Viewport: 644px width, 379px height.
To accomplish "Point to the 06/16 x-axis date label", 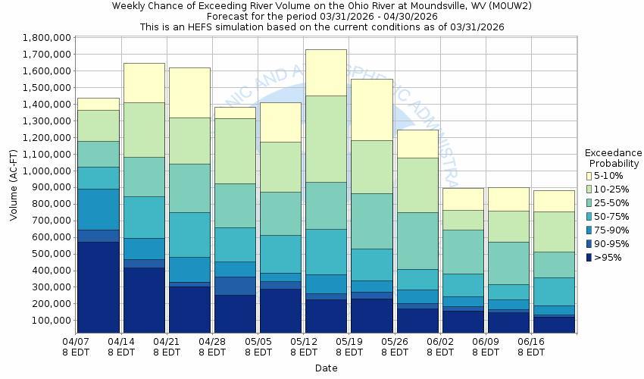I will tap(531, 343).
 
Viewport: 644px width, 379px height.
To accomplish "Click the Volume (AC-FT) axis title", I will tap(14, 186).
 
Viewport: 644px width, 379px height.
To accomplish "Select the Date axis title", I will tap(327, 368).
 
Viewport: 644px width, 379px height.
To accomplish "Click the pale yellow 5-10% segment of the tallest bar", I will tap(326, 72).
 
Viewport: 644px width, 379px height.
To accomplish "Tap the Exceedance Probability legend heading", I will tap(614, 158).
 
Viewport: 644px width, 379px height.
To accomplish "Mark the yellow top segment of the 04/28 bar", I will tap(235, 112).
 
